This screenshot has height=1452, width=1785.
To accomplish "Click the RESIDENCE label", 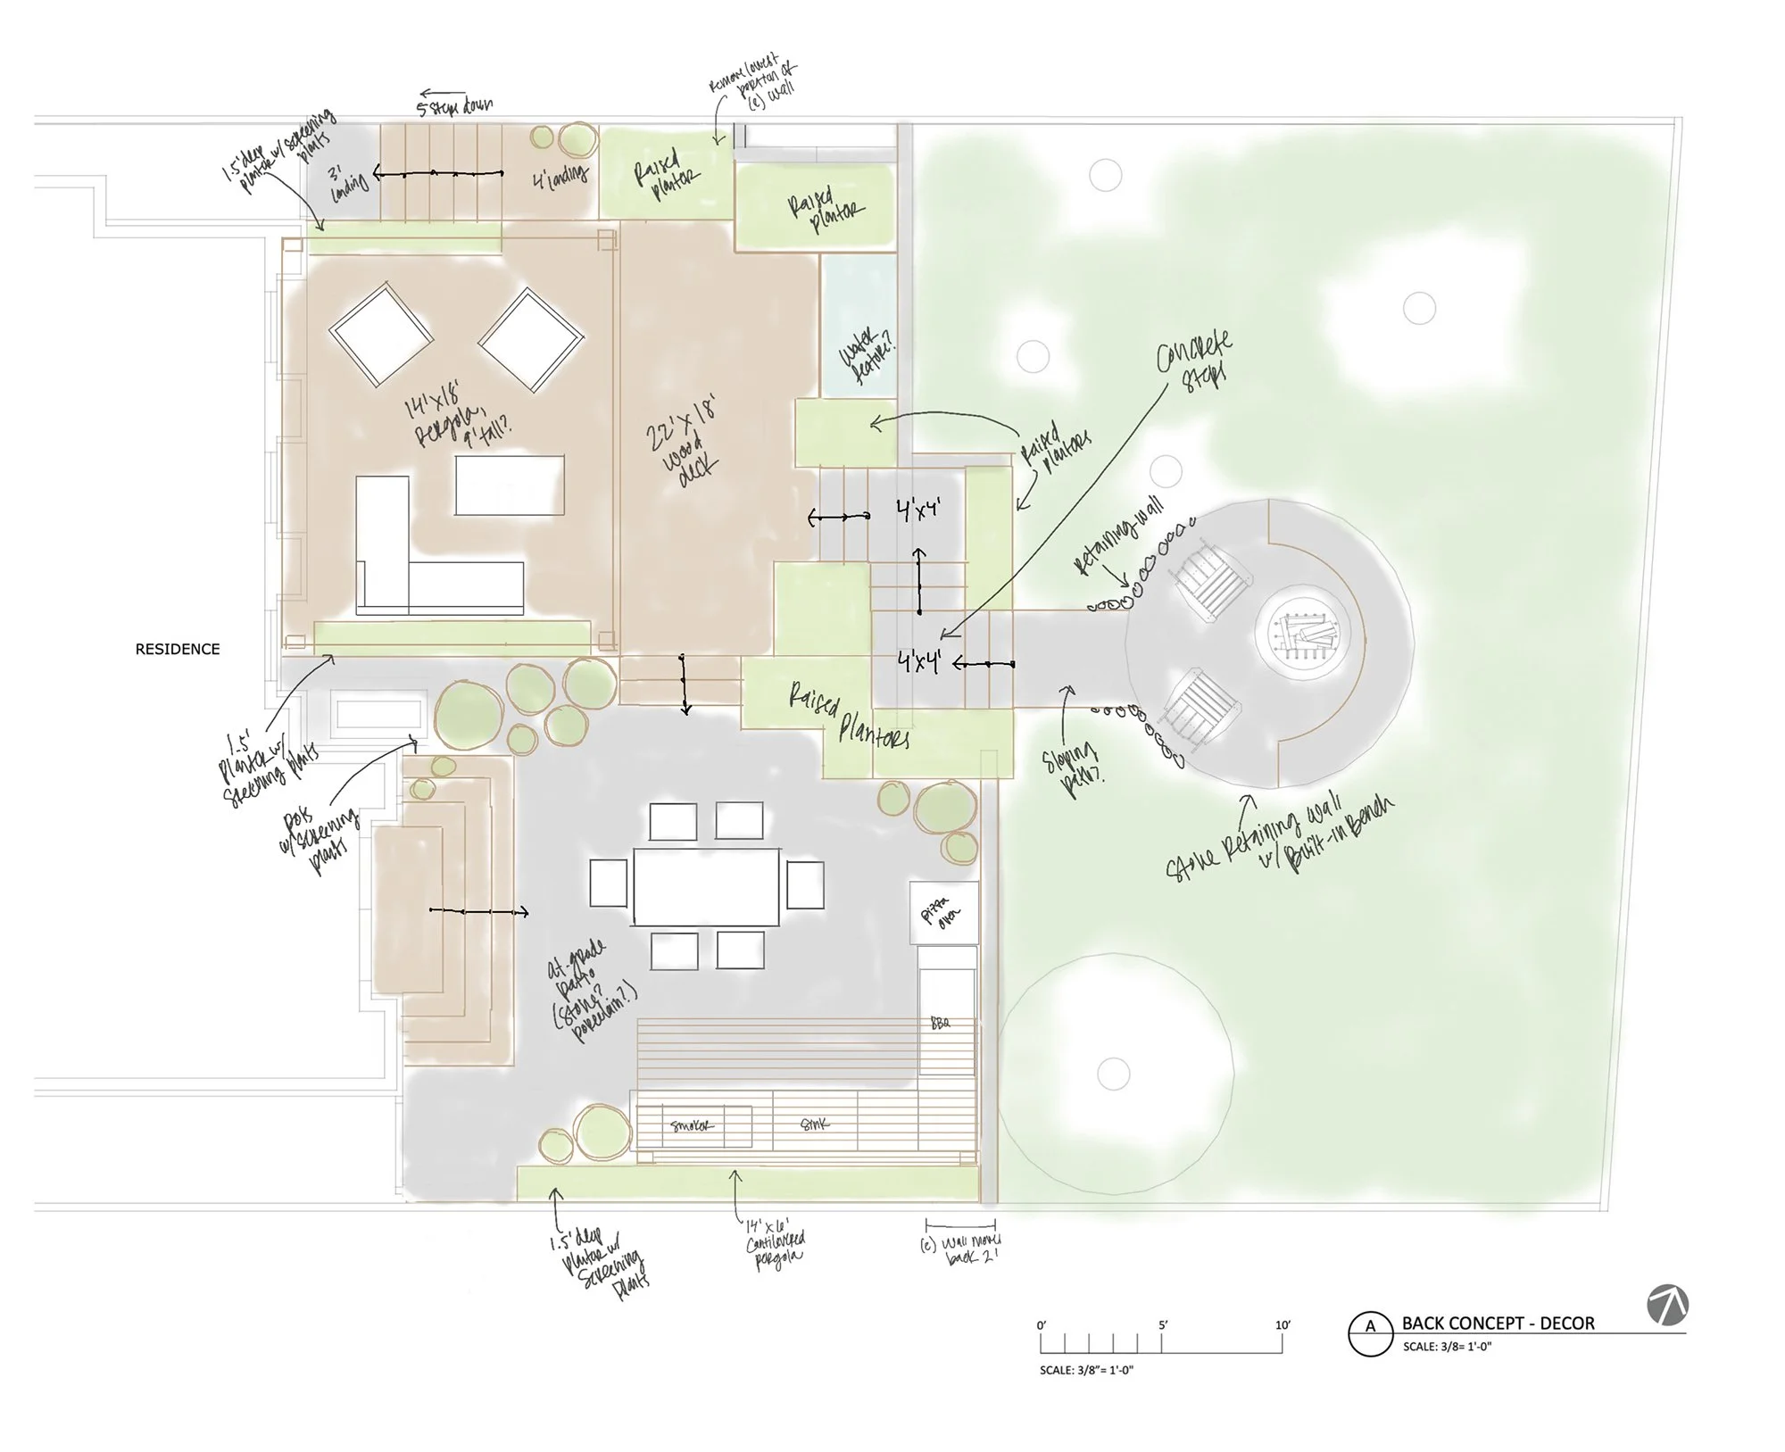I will [x=177, y=649].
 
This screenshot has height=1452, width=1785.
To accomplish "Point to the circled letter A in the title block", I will [x=1371, y=1327].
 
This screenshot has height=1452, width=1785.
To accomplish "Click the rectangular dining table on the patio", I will [x=706, y=887].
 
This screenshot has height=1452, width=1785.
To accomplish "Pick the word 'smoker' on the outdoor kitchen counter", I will [x=693, y=1126].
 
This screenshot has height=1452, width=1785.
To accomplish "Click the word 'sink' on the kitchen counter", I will [x=814, y=1124].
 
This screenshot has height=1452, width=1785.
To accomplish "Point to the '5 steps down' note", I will [x=454, y=105].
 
